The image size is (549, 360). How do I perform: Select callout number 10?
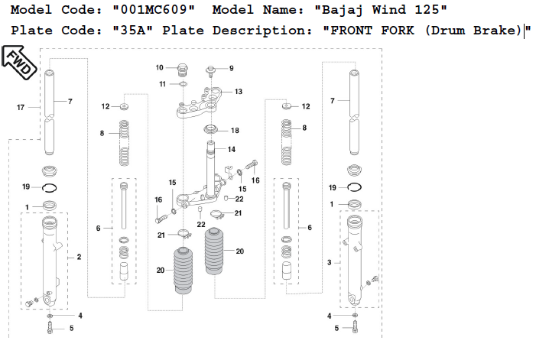click(161, 67)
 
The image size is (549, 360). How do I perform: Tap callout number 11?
click(162, 83)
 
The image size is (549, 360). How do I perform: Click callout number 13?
click(239, 92)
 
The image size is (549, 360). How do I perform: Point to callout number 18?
click(235, 131)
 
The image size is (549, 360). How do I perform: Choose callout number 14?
click(231, 149)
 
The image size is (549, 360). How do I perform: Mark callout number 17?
click(21, 108)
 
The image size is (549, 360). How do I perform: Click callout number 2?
click(79, 258)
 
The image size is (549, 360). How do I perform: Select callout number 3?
click(330, 262)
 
